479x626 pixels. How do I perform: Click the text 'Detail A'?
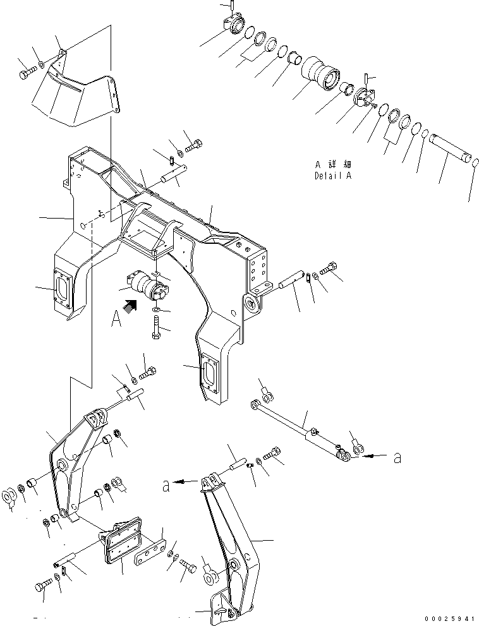coord(332,176)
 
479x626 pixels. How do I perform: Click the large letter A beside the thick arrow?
coord(116,320)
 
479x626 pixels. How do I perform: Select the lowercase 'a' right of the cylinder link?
coord(397,458)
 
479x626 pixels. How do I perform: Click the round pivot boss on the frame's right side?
coord(253,304)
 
